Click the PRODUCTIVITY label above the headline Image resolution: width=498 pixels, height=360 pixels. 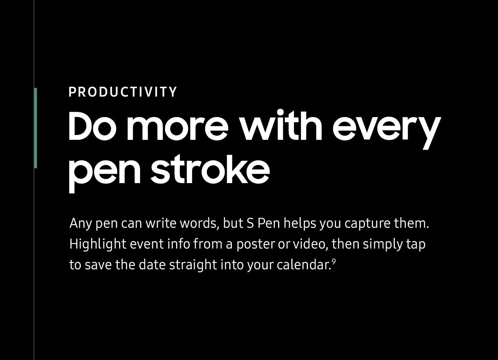(122, 92)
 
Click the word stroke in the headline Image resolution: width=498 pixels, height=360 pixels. (210, 169)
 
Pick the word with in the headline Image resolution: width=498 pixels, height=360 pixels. (282, 125)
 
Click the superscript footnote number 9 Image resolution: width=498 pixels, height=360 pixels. (334, 262)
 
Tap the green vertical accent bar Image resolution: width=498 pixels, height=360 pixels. (36, 128)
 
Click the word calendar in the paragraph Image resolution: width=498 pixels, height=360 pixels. (303, 265)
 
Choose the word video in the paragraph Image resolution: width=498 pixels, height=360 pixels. (309, 244)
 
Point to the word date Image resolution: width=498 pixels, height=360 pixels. (152, 265)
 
